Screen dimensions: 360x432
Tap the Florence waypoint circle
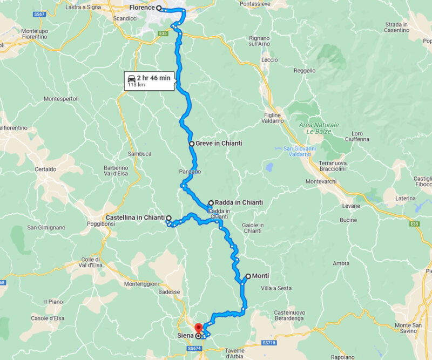[159, 8]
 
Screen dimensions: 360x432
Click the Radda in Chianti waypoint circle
[211, 203]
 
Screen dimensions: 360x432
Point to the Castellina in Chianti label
[135, 218]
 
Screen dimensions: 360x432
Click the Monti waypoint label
[260, 276]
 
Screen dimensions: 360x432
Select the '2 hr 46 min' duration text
[153, 78]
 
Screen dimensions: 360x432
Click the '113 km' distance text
[136, 85]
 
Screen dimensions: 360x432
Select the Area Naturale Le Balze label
[319, 128]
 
